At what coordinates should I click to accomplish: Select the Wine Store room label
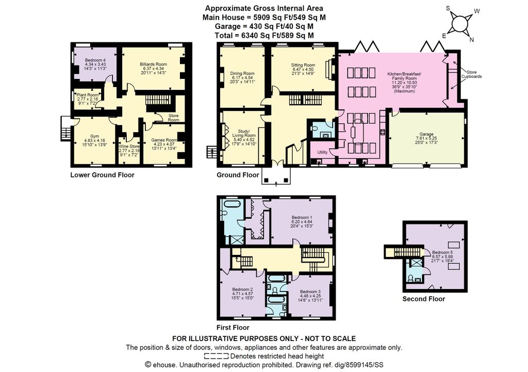point(129,147)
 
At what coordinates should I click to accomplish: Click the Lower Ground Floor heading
point(102,175)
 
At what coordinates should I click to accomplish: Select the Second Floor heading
point(423,299)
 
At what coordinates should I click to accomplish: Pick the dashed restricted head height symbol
point(216,357)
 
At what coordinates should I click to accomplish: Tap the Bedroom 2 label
point(242,293)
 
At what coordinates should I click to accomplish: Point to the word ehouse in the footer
point(164,365)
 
